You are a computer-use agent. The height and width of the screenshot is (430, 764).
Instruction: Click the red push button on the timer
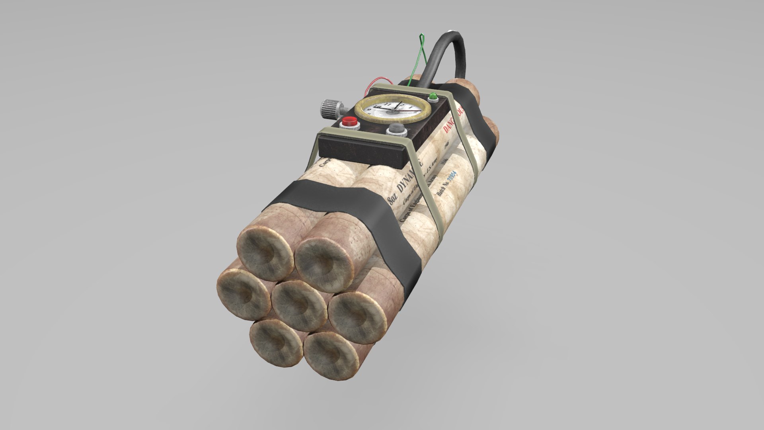(x=350, y=121)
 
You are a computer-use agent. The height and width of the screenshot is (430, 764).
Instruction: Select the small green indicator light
(x=433, y=97)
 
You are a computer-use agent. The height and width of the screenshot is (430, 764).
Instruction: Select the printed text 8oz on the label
(x=393, y=197)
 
